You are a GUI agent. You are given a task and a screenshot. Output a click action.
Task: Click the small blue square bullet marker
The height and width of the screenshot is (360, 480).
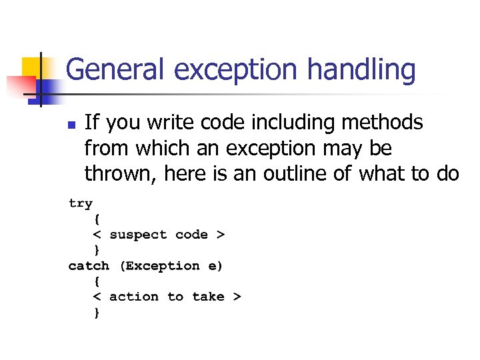coord(72,125)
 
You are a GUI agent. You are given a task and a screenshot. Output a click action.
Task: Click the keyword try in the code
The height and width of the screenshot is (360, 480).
coord(81,203)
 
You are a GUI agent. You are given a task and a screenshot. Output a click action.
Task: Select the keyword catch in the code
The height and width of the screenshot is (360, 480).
coord(89,266)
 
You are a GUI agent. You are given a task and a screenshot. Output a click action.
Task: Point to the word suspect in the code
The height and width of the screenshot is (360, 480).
coord(138,235)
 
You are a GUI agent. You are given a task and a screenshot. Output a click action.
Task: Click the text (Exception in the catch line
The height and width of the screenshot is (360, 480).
coord(159,266)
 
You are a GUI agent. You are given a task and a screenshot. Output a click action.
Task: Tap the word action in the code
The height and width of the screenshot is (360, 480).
coord(134,297)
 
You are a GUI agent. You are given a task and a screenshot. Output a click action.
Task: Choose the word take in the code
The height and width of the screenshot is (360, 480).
coord(208,297)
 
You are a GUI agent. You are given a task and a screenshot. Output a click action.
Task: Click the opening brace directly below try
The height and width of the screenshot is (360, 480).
coord(97,219)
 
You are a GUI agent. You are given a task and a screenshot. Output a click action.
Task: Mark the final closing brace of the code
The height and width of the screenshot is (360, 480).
coord(97,312)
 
